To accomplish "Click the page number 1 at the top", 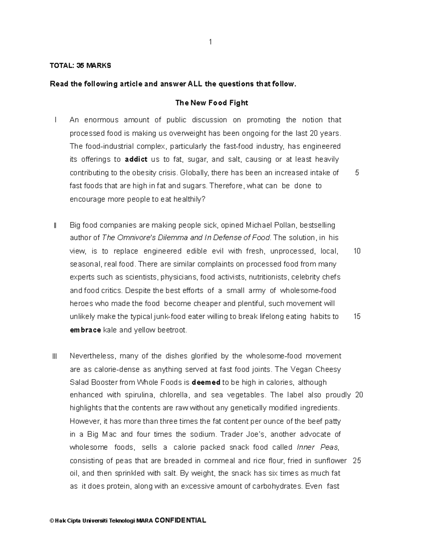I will pos(211,42).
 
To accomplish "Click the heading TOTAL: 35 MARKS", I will pos(80,65).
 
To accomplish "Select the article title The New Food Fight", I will pos(212,103).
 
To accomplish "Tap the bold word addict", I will pos(136,159).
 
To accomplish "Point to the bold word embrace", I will pos(86,330).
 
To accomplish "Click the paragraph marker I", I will pos(55,120).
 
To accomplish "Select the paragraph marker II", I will pos(55,225).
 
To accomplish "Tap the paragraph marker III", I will pos(54,356).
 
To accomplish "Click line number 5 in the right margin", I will pos(357,173).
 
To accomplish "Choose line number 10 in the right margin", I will pos(357,251).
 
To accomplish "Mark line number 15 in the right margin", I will pos(357,317).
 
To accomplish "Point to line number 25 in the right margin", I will pos(357,461).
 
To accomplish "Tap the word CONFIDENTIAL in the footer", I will pos(180,520).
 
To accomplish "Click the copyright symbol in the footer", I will pos(52,521).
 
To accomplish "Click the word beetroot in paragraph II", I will pos(172,330).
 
